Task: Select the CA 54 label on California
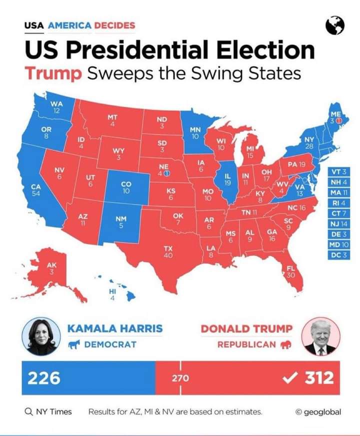pyautogui.click(x=36, y=190)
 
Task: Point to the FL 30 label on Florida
pyautogui.click(x=290, y=272)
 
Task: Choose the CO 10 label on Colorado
pyautogui.click(x=126, y=187)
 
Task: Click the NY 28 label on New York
pyautogui.click(x=309, y=142)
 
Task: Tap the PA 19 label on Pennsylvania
pyautogui.click(x=296, y=164)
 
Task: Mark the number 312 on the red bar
pyautogui.click(x=319, y=378)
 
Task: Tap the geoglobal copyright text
pyautogui.click(x=318, y=411)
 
